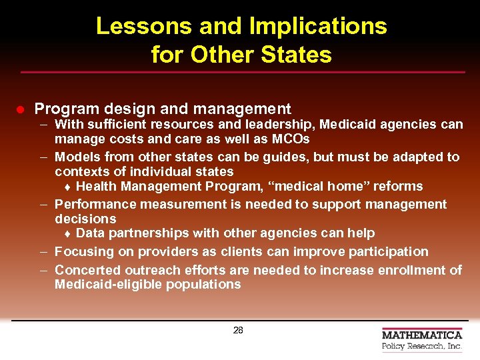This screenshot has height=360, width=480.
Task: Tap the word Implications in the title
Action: (x=317, y=26)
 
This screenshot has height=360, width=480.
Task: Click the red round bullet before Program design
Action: (x=21, y=109)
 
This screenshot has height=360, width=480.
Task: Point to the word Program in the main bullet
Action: (x=64, y=109)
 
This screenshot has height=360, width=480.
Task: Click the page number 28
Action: (x=238, y=329)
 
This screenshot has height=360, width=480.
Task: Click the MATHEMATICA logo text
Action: (x=421, y=335)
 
